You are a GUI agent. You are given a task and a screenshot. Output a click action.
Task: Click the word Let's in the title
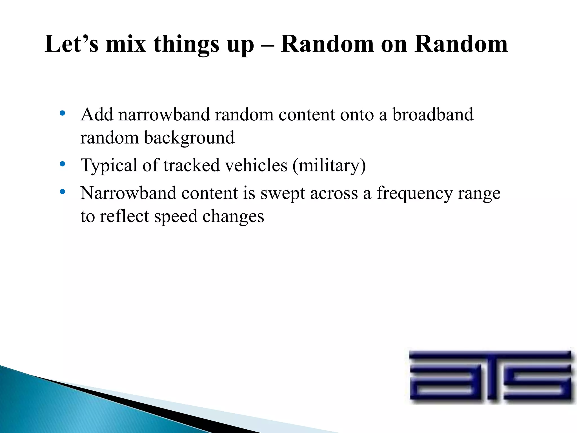(x=72, y=44)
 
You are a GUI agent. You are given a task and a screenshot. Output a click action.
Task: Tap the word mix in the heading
(x=126, y=44)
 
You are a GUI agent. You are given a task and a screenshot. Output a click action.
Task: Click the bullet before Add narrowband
(x=63, y=114)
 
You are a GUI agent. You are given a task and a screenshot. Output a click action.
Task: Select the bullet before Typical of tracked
(x=63, y=164)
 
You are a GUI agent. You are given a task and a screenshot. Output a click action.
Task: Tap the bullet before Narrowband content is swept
(x=63, y=192)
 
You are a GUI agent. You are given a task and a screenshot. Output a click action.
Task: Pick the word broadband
(x=433, y=115)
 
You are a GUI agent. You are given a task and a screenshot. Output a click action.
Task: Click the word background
(x=189, y=138)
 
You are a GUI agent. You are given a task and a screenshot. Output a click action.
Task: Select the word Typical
(x=109, y=165)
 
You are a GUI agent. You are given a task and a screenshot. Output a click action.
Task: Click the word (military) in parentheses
(x=329, y=165)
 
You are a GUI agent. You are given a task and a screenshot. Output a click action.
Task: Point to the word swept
(x=282, y=194)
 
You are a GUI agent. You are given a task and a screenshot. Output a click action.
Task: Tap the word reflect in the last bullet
(x=124, y=216)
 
